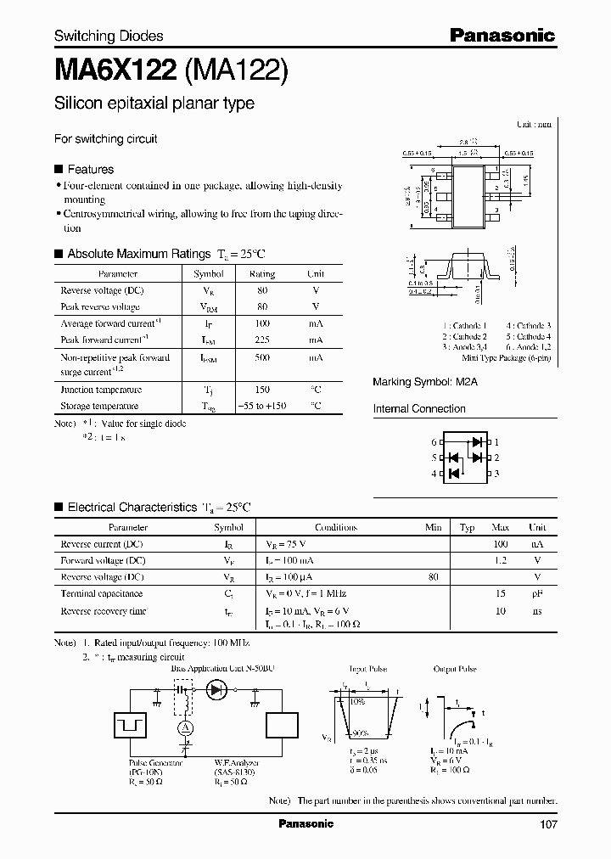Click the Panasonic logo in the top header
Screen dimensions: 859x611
click(502, 35)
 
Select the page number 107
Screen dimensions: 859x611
click(547, 824)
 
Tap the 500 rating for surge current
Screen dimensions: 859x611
click(262, 358)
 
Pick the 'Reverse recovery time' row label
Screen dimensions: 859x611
click(104, 611)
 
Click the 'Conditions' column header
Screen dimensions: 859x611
click(335, 527)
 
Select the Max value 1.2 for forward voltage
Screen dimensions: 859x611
click(501, 560)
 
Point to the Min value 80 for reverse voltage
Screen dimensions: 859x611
click(434, 577)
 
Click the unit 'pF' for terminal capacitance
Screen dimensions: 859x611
click(536, 594)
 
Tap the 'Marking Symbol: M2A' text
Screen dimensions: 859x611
click(425, 383)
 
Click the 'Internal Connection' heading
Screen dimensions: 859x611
click(419, 409)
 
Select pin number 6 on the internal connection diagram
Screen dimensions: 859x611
click(433, 442)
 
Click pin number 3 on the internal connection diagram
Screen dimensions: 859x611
click(497, 474)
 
